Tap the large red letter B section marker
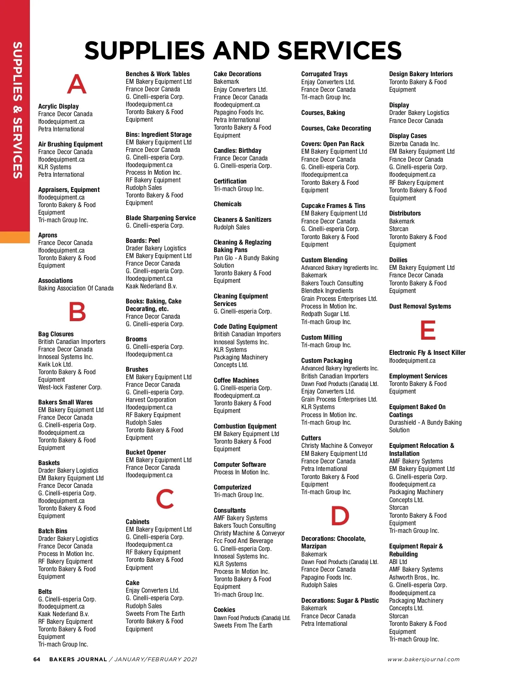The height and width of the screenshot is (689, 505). point(77,311)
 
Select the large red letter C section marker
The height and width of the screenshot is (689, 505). point(165,499)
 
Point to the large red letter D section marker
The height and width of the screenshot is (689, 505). point(340,516)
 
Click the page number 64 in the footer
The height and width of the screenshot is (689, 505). point(37,659)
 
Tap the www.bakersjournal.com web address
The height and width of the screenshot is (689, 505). point(423,660)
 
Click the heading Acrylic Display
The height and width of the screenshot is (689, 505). point(58,106)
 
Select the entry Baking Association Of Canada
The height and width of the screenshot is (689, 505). point(76,288)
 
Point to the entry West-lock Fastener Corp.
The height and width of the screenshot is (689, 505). point(70,387)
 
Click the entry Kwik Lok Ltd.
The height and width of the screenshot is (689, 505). point(55,364)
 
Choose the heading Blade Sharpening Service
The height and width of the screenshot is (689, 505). point(161,218)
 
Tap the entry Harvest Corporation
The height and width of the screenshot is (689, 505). point(151,400)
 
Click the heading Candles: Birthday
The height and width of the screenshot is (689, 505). point(237,151)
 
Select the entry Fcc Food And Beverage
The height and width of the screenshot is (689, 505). point(243,541)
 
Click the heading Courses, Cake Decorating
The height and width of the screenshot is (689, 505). point(336,128)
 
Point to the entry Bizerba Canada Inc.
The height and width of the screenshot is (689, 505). point(414,144)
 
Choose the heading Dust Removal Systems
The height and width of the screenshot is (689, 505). point(420,306)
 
